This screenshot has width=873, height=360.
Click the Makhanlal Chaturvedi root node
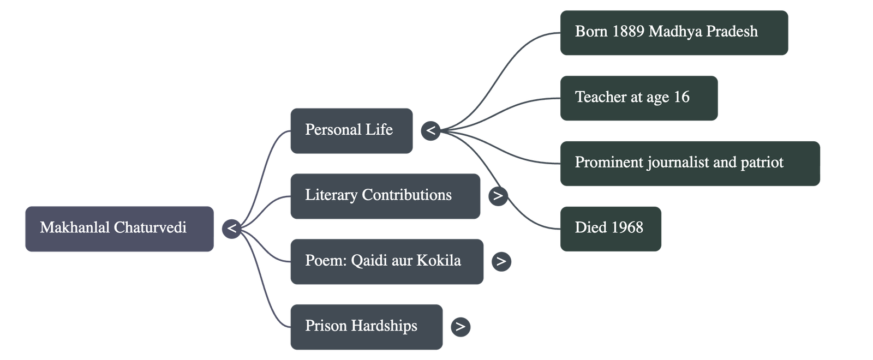pyautogui.click(x=119, y=229)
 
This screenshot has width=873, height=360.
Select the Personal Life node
pyautogui.click(x=351, y=130)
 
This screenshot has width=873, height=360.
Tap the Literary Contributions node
pyautogui.click(x=385, y=196)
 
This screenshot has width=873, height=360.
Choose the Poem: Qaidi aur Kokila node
pyautogui.click(x=386, y=261)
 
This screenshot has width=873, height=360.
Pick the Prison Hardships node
pyautogui.click(x=366, y=327)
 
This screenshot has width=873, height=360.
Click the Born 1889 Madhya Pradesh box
pyautogui.click(x=673, y=32)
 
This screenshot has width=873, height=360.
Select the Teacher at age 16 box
pyautogui.click(x=638, y=98)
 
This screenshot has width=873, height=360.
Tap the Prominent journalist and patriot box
pyautogui.click(x=690, y=163)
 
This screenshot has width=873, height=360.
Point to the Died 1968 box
pyautogui.click(x=610, y=228)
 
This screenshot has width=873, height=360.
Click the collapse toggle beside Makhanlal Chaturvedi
pyautogui.click(x=231, y=229)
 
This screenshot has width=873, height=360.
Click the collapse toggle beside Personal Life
pyautogui.click(x=430, y=131)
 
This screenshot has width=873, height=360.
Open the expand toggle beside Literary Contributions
pyautogui.click(x=498, y=196)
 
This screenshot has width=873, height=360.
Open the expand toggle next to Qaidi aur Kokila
pyautogui.click(x=501, y=262)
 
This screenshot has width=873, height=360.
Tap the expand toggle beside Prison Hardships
pyautogui.click(x=460, y=327)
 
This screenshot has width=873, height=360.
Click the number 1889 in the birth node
pyautogui.click(x=627, y=32)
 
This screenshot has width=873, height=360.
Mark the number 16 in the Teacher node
pyautogui.click(x=681, y=97)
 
